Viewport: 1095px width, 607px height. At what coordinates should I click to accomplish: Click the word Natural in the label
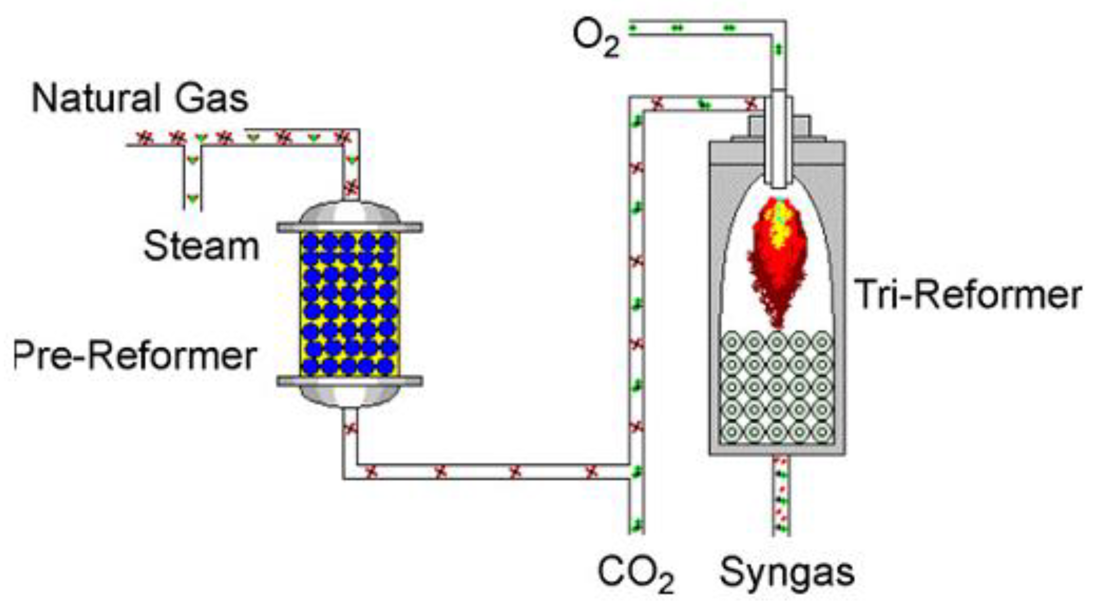tap(96, 98)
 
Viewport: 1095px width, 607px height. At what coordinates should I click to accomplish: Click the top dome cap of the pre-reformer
tap(349, 212)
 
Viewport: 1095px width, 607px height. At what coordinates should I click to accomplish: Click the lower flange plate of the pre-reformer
tap(349, 381)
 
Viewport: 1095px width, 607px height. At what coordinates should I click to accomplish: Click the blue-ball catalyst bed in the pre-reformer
tap(349, 304)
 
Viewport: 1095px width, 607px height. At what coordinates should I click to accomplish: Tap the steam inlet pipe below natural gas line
tap(193, 178)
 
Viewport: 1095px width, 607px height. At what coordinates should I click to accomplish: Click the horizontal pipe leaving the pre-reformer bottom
tap(489, 472)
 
